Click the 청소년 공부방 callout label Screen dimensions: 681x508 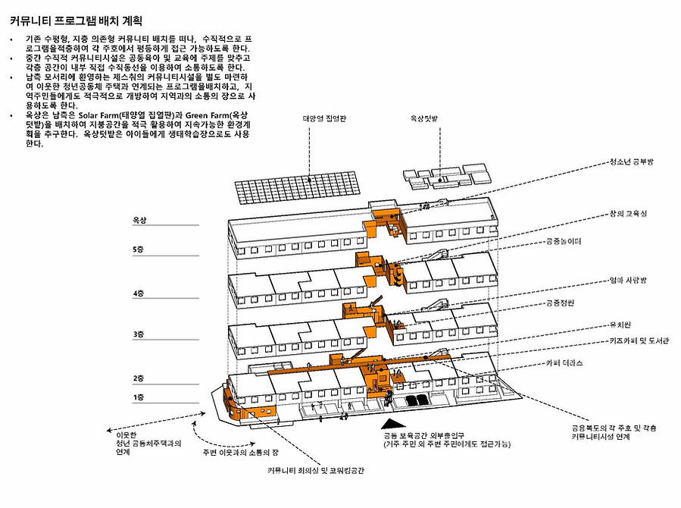point(635,162)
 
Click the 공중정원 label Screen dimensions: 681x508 point(560,303)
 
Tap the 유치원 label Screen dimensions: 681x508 point(620,325)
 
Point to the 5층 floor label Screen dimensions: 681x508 point(138,249)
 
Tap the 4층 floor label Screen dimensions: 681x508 point(138,293)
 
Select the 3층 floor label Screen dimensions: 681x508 point(138,334)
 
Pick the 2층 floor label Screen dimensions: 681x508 point(138,378)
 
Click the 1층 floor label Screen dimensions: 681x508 point(138,397)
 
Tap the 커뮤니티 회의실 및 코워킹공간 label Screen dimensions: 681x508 point(317,471)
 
